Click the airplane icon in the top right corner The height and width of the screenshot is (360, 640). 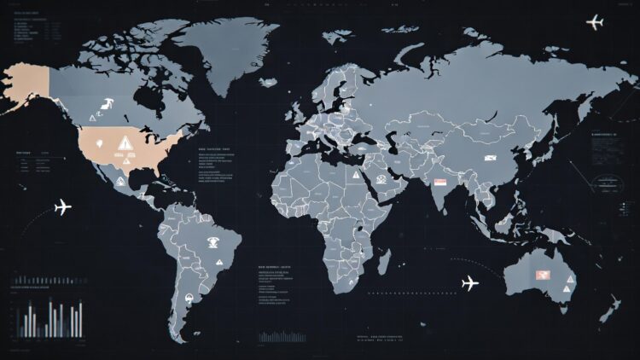click(595, 21)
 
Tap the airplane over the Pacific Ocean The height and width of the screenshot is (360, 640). click(61, 207)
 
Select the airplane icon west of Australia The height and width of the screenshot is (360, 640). click(469, 283)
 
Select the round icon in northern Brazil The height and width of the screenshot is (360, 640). click(212, 245)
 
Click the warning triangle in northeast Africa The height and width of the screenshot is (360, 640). click(353, 175)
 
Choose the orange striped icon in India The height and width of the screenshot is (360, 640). click(440, 182)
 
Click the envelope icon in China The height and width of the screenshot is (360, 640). click(491, 158)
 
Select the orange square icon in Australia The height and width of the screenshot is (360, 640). click(541, 275)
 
